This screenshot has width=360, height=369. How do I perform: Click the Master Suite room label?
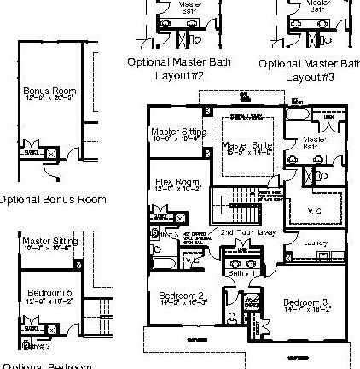tap(247, 146)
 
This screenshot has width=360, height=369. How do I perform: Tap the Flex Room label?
tap(177, 181)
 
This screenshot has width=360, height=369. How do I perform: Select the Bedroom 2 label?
tap(182, 296)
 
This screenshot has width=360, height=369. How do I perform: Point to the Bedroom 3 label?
tap(306, 302)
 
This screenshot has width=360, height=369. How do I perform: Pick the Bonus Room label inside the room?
tap(49, 91)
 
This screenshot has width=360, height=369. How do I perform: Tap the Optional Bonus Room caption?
tap(53, 200)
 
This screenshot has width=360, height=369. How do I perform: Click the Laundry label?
tap(316, 243)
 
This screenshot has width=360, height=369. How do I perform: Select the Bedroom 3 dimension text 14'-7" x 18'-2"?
tap(306, 310)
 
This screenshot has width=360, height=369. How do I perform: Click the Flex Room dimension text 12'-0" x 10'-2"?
tap(177, 189)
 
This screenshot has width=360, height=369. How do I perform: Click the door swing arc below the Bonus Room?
tap(53, 170)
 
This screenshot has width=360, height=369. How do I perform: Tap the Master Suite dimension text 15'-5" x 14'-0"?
tap(247, 154)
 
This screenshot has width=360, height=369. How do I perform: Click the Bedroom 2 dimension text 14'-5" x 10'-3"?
tap(182, 303)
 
